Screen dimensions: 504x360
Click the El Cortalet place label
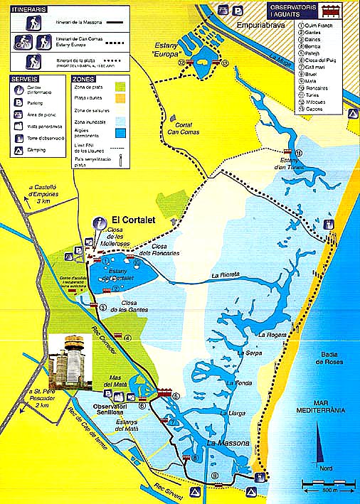(128, 220)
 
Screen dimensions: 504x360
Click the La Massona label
(228, 444)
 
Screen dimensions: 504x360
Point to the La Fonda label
(239, 383)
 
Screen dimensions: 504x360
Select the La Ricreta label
(225, 274)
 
